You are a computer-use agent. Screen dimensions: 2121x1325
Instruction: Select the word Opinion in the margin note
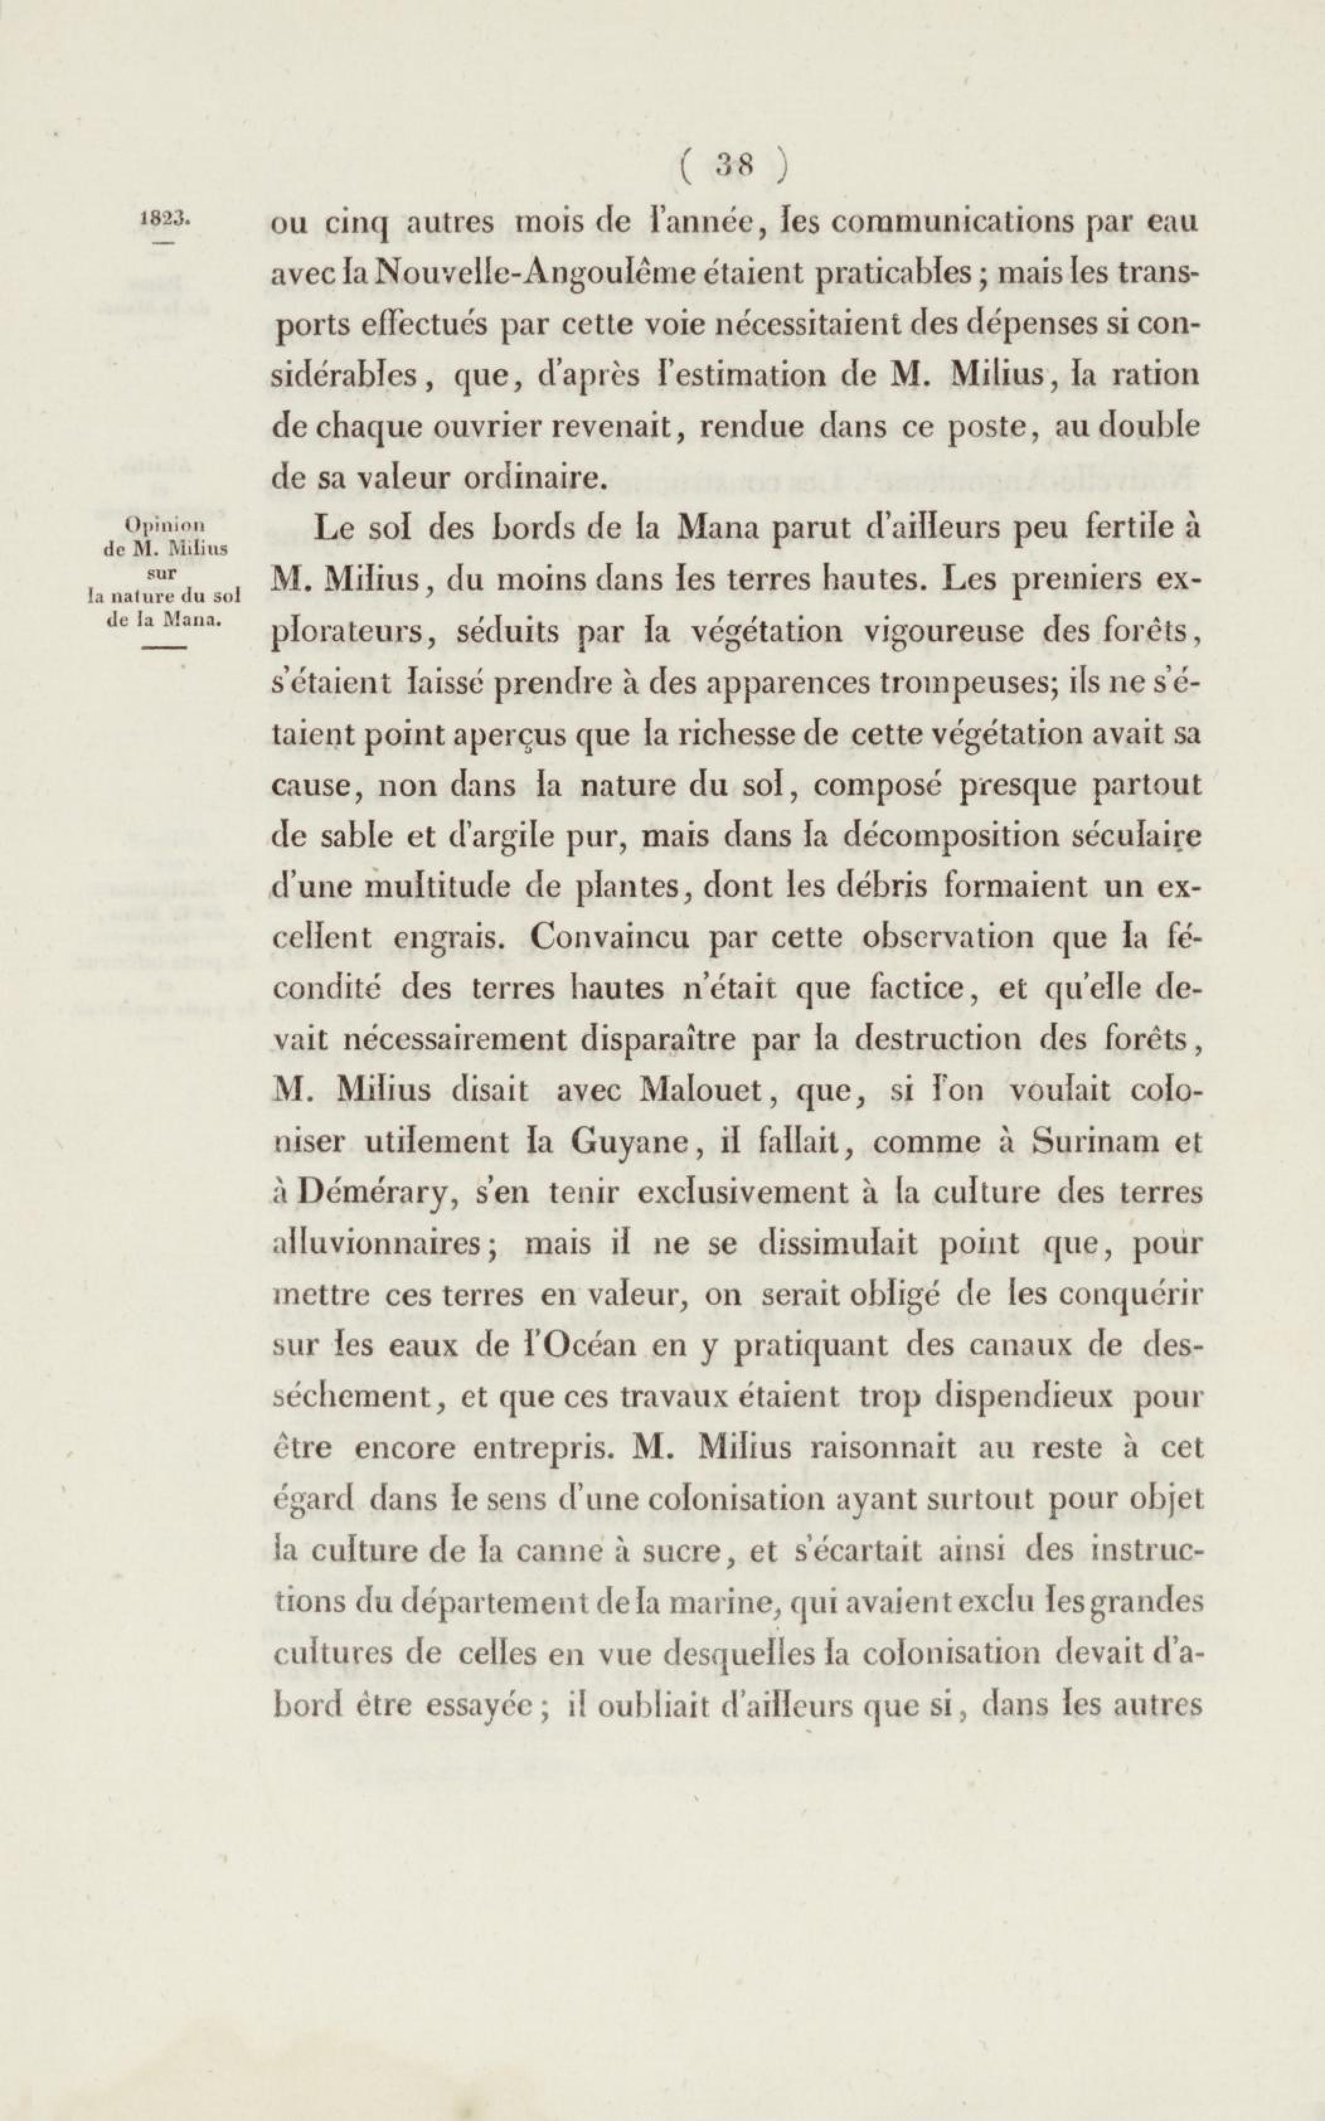(x=165, y=525)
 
